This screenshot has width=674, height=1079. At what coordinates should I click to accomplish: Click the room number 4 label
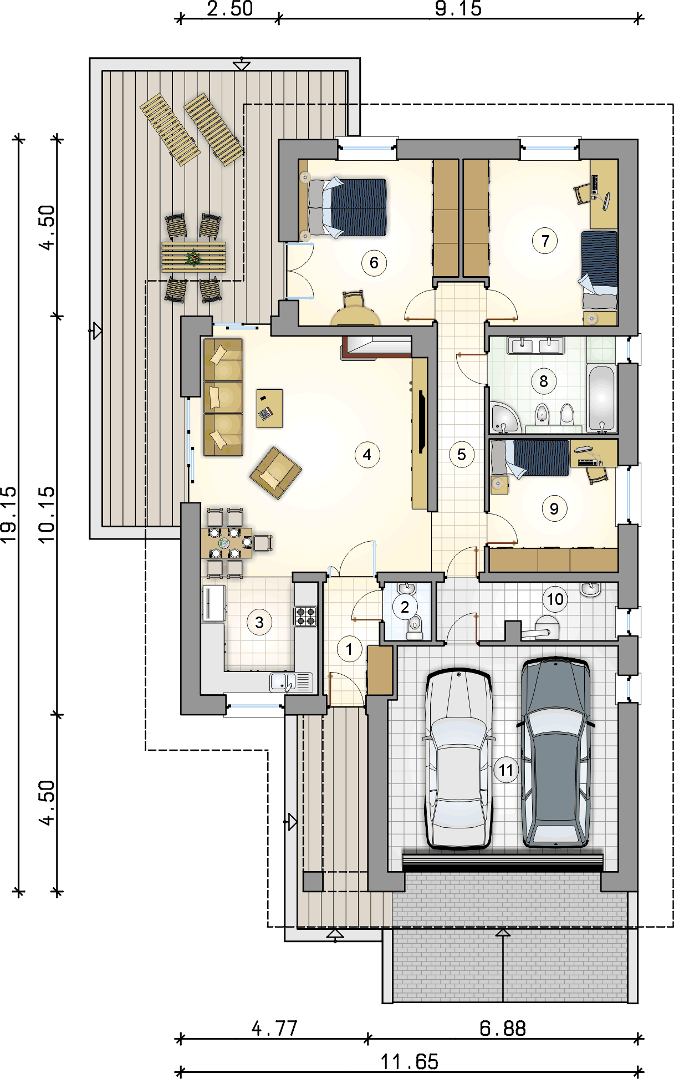coord(367,455)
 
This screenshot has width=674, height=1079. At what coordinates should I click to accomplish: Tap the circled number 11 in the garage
coord(505,770)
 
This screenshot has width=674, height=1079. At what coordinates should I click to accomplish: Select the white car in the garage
coord(458,758)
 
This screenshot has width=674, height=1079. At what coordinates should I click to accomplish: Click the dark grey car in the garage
coord(555,752)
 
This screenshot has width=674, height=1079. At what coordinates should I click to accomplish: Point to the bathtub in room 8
coord(602,398)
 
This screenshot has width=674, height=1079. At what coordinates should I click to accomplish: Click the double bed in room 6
coord(347,207)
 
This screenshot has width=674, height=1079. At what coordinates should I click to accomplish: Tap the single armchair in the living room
coord(275,472)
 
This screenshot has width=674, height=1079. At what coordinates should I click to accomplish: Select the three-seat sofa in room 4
coord(223,397)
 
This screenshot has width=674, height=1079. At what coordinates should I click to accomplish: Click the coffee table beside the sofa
coord(269,408)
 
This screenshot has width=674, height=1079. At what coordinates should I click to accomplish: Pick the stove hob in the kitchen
coord(305,616)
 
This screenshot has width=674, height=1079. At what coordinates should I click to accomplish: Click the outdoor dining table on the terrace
coord(194,257)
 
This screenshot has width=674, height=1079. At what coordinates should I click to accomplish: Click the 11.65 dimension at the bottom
coord(410,1061)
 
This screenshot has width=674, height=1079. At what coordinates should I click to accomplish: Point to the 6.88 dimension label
coord(502,1028)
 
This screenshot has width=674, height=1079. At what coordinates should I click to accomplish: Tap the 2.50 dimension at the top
coord(229,8)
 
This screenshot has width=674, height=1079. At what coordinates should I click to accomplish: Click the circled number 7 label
coord(545,241)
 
